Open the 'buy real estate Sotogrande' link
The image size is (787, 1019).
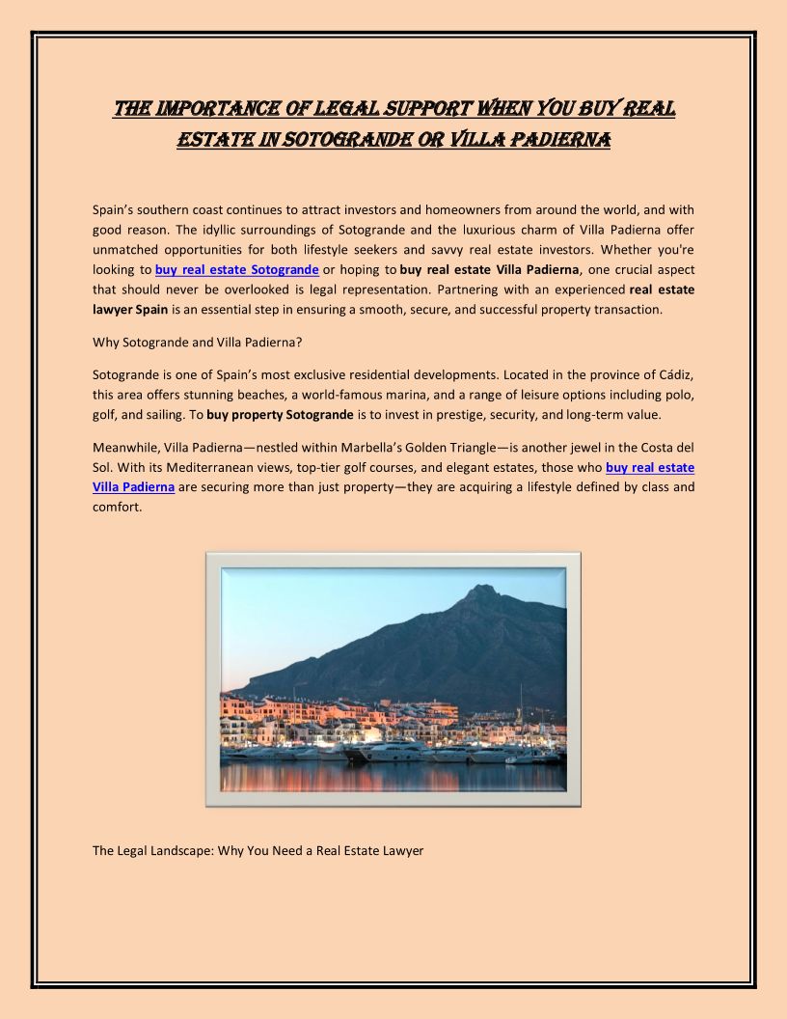coord(237,269)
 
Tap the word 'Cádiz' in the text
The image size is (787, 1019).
coord(674,374)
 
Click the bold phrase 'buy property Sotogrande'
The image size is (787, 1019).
coord(280,415)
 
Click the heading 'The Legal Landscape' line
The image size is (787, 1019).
coord(258,851)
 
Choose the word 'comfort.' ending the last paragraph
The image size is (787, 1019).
coord(117,508)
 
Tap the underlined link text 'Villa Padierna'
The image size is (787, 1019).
coord(133,487)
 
